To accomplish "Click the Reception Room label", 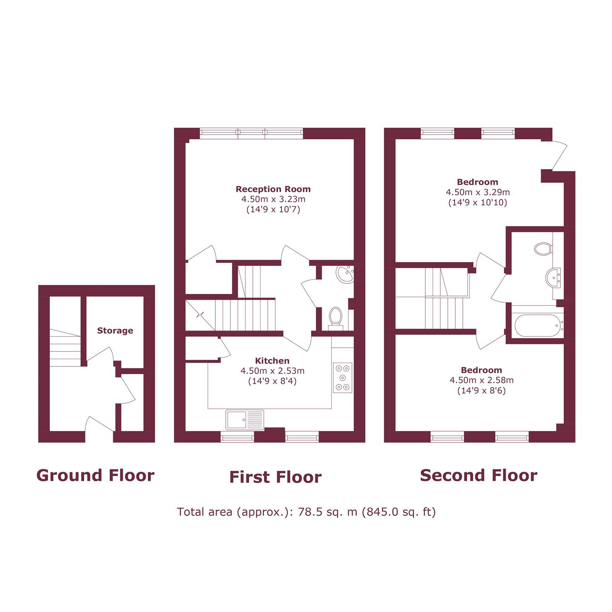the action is pyautogui.click(x=273, y=189).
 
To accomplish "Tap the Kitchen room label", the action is pyautogui.click(x=272, y=361).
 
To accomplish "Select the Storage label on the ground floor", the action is pyautogui.click(x=115, y=330).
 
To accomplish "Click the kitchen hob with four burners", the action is pyautogui.click(x=342, y=378).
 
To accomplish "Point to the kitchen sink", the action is pyautogui.click(x=245, y=420).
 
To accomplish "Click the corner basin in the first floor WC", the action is pyautogui.click(x=345, y=274).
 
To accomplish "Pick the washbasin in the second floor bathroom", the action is pyautogui.click(x=553, y=277).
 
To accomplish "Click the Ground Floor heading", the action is pyautogui.click(x=95, y=475).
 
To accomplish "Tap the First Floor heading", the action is pyautogui.click(x=275, y=477).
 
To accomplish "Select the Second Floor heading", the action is pyautogui.click(x=479, y=475).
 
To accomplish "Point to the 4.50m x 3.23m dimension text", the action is pyautogui.click(x=273, y=199).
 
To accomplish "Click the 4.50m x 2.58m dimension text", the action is pyautogui.click(x=482, y=380).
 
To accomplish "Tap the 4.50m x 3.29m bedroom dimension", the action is pyautogui.click(x=478, y=192).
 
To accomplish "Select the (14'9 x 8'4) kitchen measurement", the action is pyautogui.click(x=272, y=381).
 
